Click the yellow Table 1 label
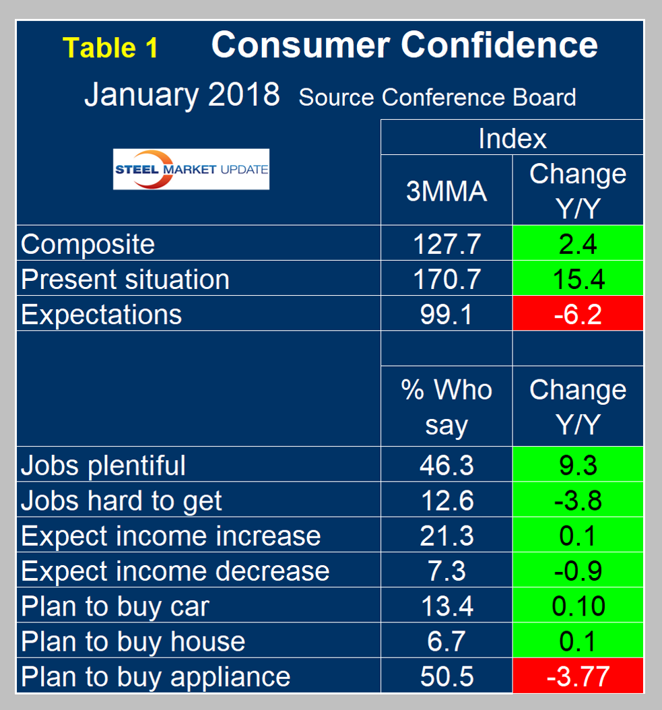point(110,47)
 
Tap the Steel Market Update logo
point(191,168)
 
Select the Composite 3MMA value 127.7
point(446,244)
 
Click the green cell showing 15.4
point(578,279)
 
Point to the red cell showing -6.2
point(578,314)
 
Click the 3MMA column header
point(446,191)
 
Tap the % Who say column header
point(446,407)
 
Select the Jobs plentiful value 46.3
point(446,465)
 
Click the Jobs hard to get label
point(122,501)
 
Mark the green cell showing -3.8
point(578,501)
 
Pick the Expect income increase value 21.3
point(446,536)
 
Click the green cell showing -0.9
point(578,571)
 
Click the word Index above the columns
point(512,138)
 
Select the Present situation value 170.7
point(446,279)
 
